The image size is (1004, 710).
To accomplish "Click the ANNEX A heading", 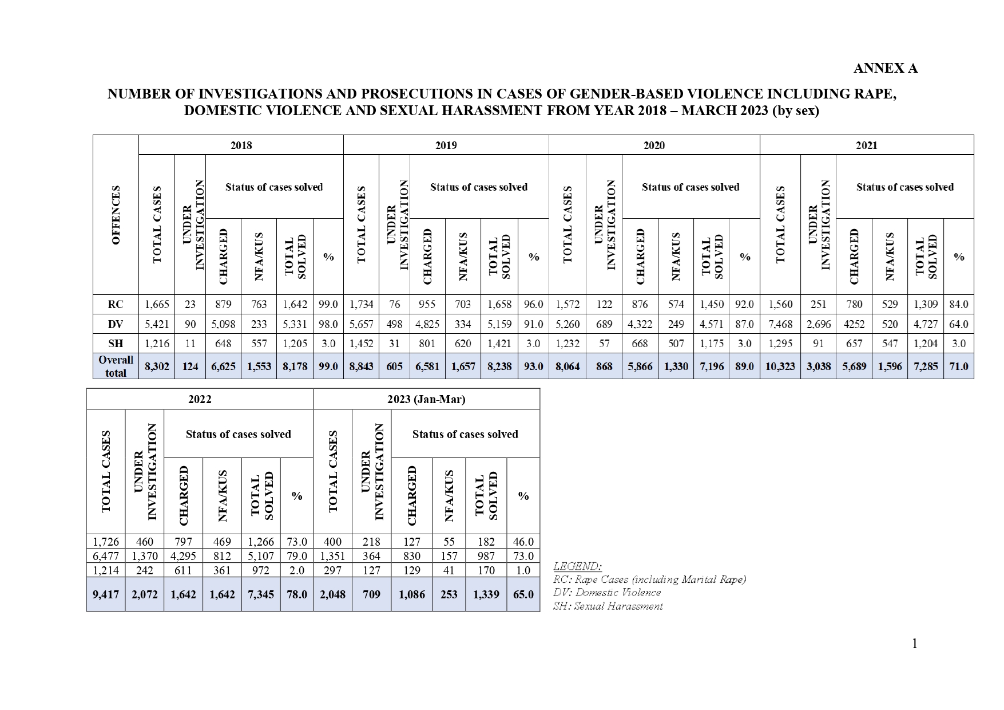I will (885, 68).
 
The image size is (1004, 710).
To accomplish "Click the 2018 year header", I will (241, 145).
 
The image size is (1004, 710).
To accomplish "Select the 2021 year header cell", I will (866, 145).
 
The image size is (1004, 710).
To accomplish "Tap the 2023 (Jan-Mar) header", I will (426, 399).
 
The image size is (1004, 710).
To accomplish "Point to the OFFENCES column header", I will (116, 215).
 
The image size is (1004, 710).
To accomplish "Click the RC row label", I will (116, 305).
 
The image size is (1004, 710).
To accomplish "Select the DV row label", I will (116, 324).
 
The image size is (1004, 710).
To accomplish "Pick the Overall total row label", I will (116, 366).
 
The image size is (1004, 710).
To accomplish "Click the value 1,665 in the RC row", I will (157, 305).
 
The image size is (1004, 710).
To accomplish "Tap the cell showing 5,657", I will (361, 324).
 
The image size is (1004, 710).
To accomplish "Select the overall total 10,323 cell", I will (780, 366).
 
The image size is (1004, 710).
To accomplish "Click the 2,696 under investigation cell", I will (818, 324).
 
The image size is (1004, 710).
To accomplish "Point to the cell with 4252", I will (854, 324).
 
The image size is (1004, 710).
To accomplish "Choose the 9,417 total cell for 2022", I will (106, 594).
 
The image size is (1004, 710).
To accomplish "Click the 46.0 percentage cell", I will (523, 542).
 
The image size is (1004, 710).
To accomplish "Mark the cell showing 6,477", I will (106, 556).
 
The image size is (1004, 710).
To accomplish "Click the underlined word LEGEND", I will (577, 566).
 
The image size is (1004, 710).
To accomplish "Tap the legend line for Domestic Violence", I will (606, 593).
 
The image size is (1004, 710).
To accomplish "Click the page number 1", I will (914, 644).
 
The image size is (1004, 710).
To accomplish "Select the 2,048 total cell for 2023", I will (332, 594).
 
